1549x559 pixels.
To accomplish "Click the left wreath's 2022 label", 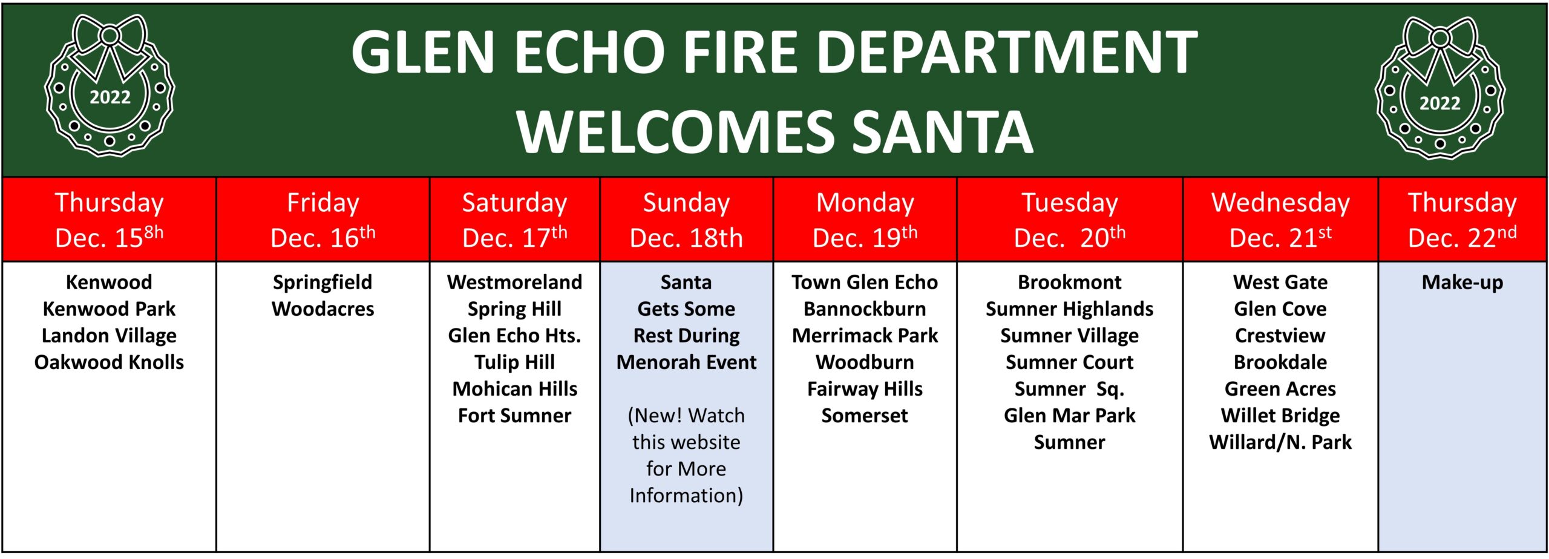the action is point(110,97).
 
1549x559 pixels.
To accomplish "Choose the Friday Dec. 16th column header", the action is point(323,220).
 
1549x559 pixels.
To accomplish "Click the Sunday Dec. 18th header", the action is point(686,220).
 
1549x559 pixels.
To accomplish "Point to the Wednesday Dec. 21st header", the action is point(1280,220).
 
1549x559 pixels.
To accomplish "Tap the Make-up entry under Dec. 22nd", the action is point(1462,283).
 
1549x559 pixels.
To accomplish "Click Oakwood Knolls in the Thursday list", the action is point(109,362).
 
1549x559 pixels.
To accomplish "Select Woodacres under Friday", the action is point(323,309).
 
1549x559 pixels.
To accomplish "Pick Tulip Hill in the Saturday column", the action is point(514,362).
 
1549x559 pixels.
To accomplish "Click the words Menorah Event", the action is point(686,362).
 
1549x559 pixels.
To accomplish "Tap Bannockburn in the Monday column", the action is point(865,309).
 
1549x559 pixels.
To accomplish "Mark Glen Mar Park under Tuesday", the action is point(1069,415).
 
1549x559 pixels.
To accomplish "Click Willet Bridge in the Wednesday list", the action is point(1280,416).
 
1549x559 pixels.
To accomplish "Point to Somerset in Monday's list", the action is point(865,415).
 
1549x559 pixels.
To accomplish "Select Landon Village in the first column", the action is point(109,336).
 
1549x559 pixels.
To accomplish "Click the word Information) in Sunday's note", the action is point(686,495).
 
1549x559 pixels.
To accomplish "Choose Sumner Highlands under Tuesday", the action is point(1069,309).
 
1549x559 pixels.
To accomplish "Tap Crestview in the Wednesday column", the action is point(1280,335).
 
